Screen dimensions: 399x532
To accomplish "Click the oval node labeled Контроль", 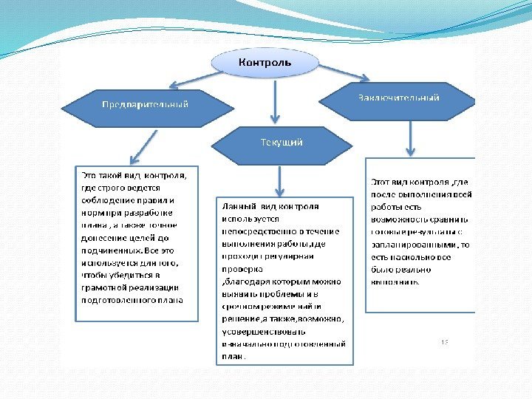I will coord(265,63).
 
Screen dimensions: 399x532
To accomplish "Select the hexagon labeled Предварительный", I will coord(145,104).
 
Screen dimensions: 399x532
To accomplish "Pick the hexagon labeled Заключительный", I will coord(399,98).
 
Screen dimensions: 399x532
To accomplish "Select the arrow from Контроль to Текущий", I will coord(275,101).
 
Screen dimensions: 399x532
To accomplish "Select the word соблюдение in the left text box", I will coord(108,199).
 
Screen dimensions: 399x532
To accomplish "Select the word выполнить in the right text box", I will coord(395,282).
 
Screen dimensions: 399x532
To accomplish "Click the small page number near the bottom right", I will coord(445,342).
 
